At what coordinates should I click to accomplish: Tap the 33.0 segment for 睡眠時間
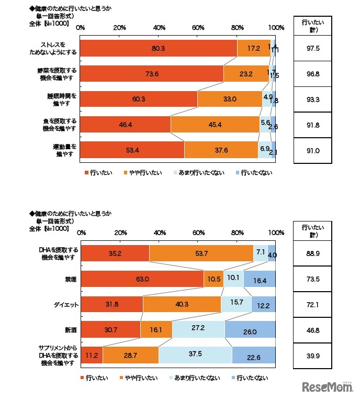[x=230, y=99]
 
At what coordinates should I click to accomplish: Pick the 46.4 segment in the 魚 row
[x=126, y=124]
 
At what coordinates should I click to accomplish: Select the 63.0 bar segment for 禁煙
[x=142, y=279]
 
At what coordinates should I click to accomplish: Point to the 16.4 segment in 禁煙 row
[x=260, y=279]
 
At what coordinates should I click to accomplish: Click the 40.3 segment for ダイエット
[x=182, y=304]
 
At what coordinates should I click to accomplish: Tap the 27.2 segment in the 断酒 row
[x=198, y=329]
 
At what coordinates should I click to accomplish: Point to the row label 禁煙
[x=70, y=279]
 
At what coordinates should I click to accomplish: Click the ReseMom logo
[x=328, y=386]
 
